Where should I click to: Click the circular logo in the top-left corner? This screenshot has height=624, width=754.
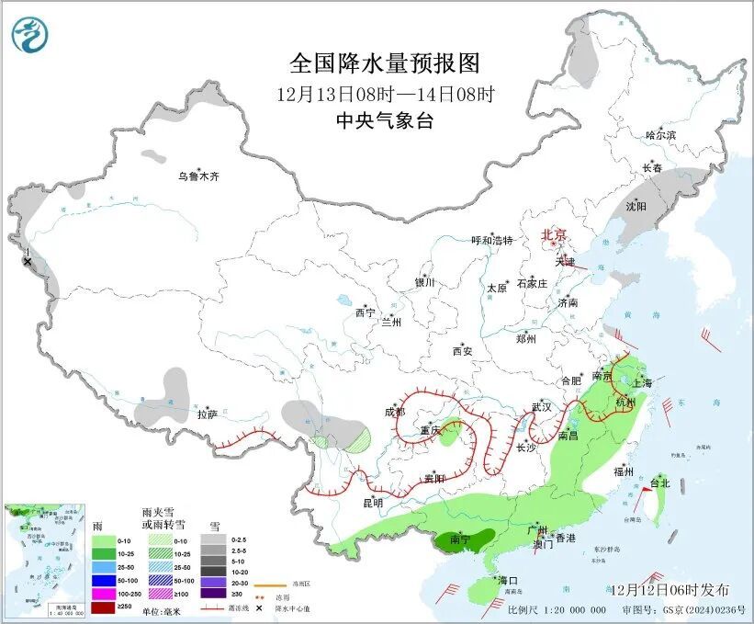(28, 34)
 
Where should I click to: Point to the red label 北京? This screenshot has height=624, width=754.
(555, 235)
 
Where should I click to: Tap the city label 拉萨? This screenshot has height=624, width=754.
(207, 414)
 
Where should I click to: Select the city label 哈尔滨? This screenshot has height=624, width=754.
(659, 135)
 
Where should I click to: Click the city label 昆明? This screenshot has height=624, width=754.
(372, 502)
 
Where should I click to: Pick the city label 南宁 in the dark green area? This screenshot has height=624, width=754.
(462, 542)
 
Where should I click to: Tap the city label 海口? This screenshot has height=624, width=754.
(509, 581)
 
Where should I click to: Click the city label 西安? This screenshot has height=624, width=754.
(462, 351)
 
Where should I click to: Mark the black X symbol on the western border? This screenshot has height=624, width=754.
(28, 262)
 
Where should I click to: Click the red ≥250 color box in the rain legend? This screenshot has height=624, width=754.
(100, 607)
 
